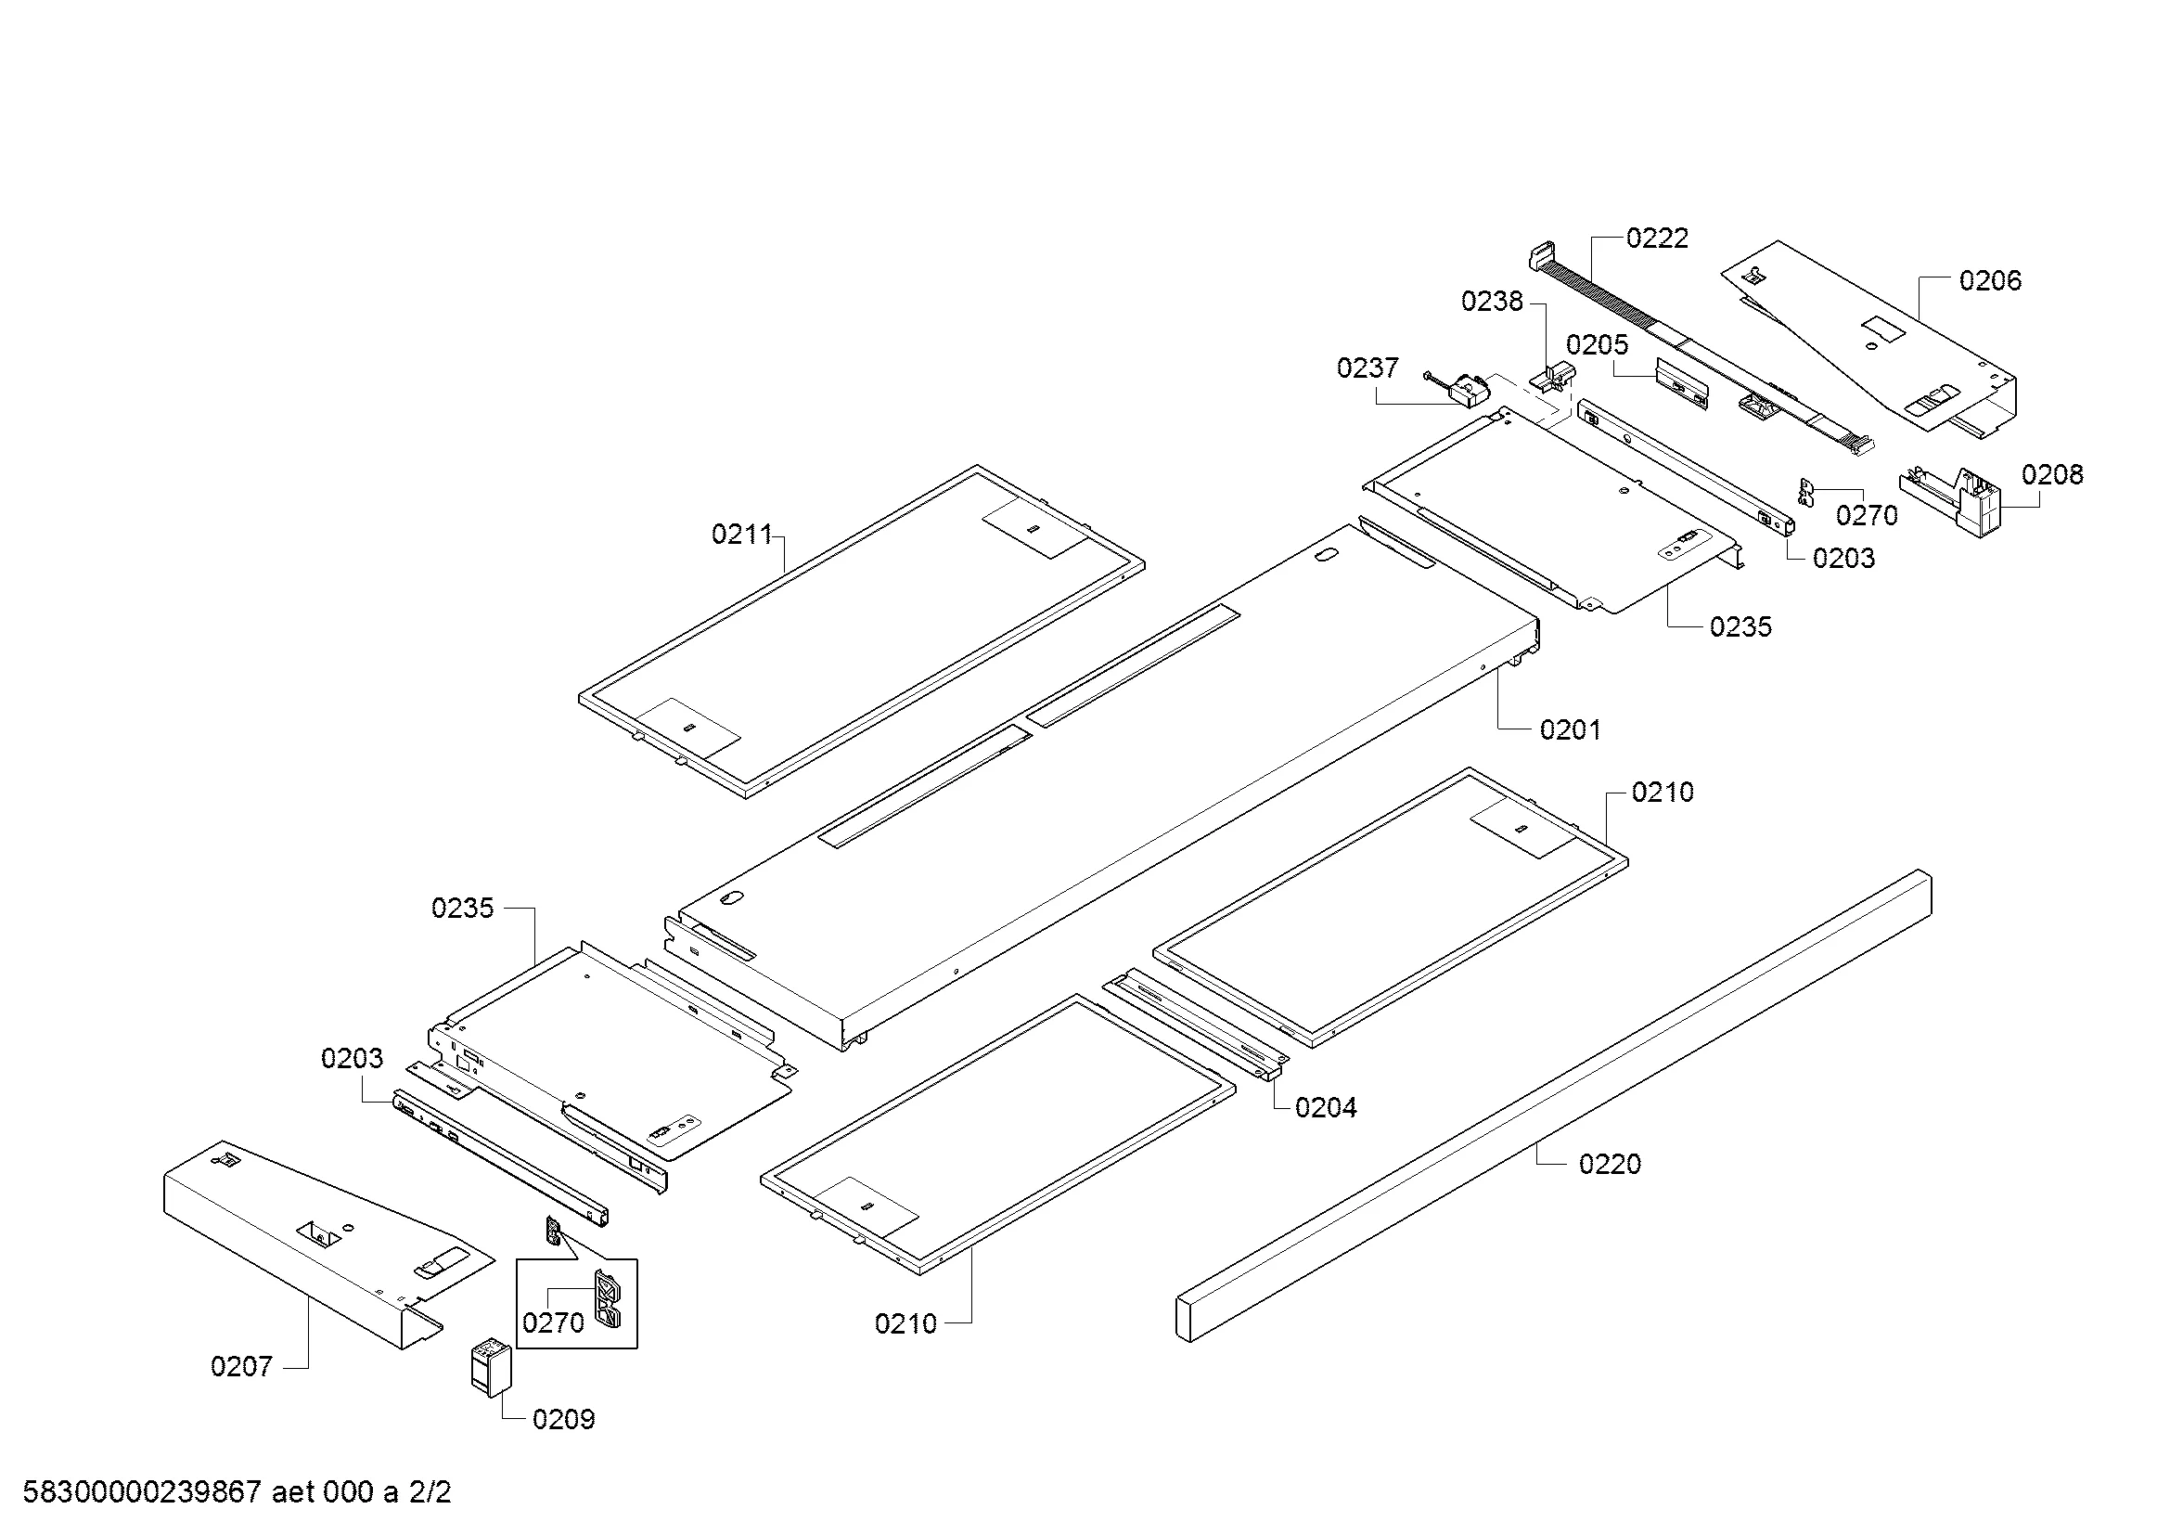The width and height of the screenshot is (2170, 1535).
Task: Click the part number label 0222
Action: click(1657, 239)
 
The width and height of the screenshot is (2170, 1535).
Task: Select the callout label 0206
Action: click(1989, 280)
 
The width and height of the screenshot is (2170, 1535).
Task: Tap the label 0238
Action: click(1492, 302)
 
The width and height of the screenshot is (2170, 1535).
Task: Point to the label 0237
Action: click(1367, 368)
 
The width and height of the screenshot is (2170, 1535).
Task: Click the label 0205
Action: click(1598, 345)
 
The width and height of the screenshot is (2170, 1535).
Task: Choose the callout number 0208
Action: click(2052, 474)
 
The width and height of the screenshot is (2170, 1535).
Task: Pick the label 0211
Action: click(742, 535)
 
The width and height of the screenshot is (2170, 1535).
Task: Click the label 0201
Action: click(1570, 729)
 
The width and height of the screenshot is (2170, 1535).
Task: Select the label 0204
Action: click(1325, 1108)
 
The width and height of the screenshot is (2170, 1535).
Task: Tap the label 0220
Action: click(1610, 1165)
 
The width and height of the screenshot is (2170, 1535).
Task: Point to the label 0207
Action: click(241, 1367)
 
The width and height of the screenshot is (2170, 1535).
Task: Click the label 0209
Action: click(563, 1420)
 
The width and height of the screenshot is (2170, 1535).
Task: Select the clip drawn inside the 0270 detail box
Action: click(607, 1299)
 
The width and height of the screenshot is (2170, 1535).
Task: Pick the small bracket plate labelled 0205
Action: click(1681, 384)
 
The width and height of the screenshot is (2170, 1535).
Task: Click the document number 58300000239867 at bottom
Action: click(142, 1492)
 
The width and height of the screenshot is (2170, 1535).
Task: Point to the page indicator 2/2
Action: click(430, 1492)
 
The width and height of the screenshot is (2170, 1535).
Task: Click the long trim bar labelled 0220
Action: click(1550, 1106)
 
